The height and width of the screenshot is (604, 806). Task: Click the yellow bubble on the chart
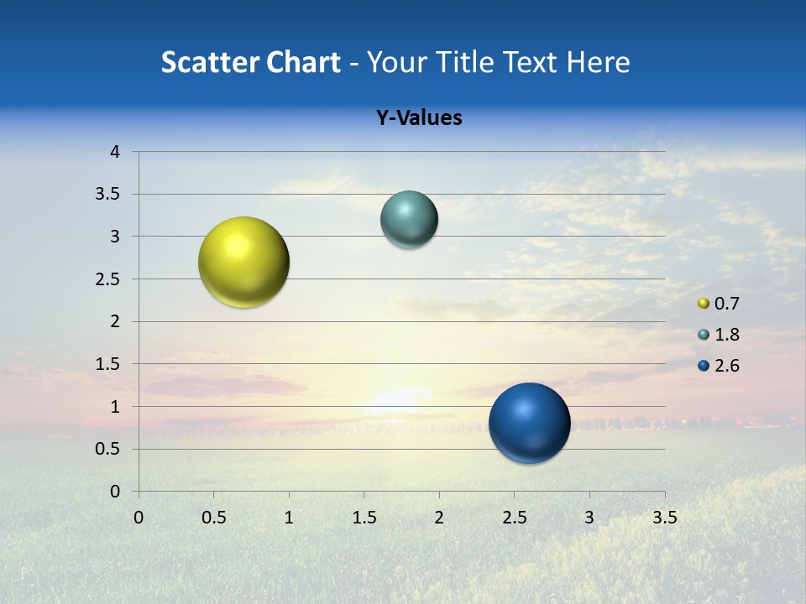[243, 262]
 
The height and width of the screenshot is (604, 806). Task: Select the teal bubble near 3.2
[409, 220]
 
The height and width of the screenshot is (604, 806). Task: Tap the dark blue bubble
[529, 423]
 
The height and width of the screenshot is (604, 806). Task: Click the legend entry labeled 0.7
[718, 304]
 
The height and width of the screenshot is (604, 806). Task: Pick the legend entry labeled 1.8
[718, 335]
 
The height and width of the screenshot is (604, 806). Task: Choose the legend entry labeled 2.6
[718, 366]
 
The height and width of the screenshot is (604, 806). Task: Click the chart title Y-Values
[418, 118]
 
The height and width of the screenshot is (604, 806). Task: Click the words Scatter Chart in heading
[250, 62]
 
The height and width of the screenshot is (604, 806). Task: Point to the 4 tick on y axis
[115, 152]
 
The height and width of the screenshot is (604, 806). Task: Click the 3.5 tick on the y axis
[109, 195]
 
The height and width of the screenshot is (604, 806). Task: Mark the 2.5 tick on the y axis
[109, 279]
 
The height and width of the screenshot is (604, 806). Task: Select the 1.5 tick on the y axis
[109, 364]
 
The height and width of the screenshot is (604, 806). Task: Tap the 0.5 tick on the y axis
[109, 449]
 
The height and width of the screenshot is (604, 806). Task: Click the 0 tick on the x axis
[139, 518]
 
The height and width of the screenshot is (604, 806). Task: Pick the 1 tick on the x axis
[289, 518]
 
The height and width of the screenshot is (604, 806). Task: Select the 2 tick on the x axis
[439, 518]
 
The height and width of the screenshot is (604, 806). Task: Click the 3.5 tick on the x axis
[664, 518]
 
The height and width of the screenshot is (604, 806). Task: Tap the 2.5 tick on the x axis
[514, 518]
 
